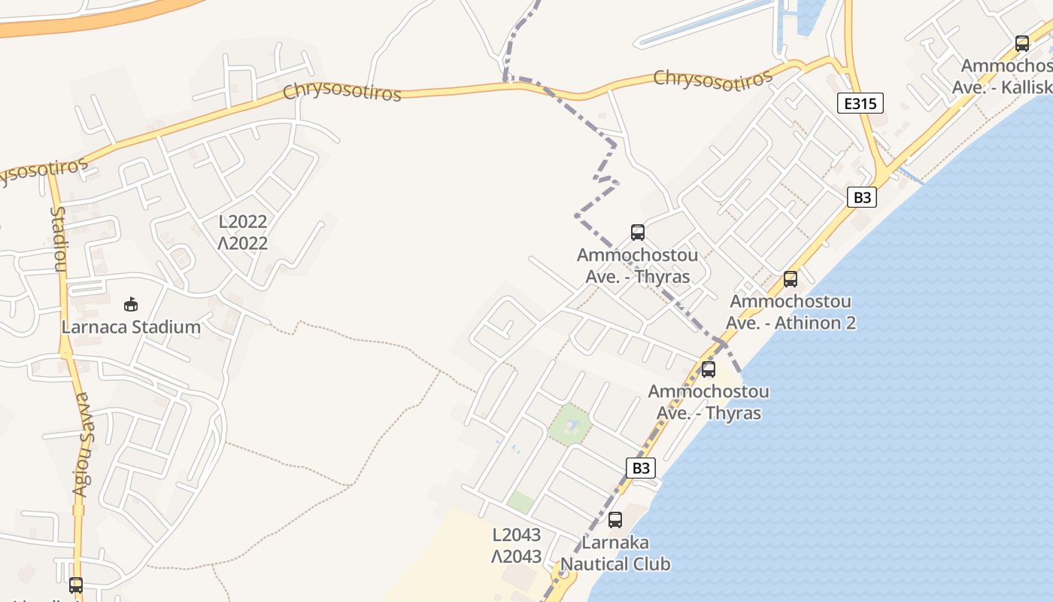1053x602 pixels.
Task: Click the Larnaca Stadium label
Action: click(x=131, y=327)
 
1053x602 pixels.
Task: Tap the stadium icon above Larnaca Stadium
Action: click(x=131, y=305)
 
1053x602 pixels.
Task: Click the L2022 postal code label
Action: click(x=243, y=222)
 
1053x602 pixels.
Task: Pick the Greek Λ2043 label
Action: click(x=517, y=557)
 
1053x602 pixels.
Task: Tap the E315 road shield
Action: click(x=860, y=103)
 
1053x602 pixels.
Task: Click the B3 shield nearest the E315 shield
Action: click(x=862, y=197)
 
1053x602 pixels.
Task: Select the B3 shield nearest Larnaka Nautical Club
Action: click(x=641, y=468)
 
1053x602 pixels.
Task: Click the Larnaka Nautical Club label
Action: click(x=615, y=553)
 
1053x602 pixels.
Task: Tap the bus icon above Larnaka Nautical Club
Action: click(x=615, y=519)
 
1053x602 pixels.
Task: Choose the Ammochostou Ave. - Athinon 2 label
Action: click(x=791, y=312)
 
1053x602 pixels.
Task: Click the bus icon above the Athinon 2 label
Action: click(x=791, y=279)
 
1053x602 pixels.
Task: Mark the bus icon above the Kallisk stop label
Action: click(x=1021, y=44)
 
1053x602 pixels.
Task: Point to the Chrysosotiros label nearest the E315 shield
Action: click(x=712, y=79)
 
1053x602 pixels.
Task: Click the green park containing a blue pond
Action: click(x=569, y=425)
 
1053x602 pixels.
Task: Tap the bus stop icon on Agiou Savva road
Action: click(x=76, y=585)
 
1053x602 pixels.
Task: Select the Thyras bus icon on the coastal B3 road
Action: click(x=708, y=369)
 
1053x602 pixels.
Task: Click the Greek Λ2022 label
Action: click(x=243, y=243)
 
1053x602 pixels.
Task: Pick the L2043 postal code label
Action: click(x=517, y=535)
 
